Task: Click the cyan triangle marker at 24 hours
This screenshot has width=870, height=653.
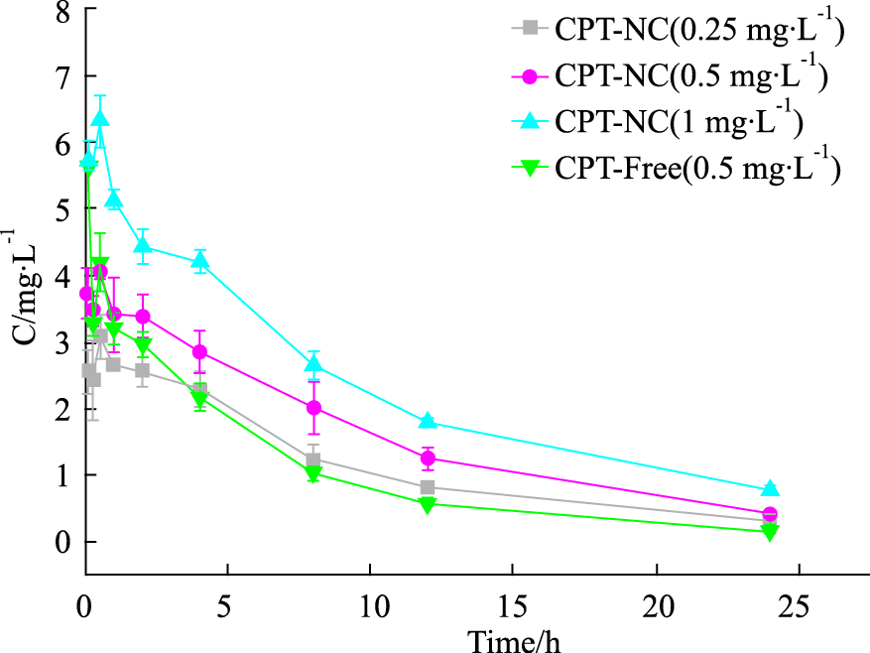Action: [x=770, y=488]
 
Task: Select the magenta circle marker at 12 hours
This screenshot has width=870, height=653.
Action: [x=428, y=457]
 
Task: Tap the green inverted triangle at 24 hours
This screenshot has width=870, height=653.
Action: [x=770, y=532]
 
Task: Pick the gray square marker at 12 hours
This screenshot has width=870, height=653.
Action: [x=428, y=487]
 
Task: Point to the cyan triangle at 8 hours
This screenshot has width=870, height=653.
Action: [x=313, y=364]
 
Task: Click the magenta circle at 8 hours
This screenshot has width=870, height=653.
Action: [x=313, y=408]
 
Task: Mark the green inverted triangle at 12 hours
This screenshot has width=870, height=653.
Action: [x=428, y=505]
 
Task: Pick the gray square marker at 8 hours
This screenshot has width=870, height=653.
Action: [x=313, y=459]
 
